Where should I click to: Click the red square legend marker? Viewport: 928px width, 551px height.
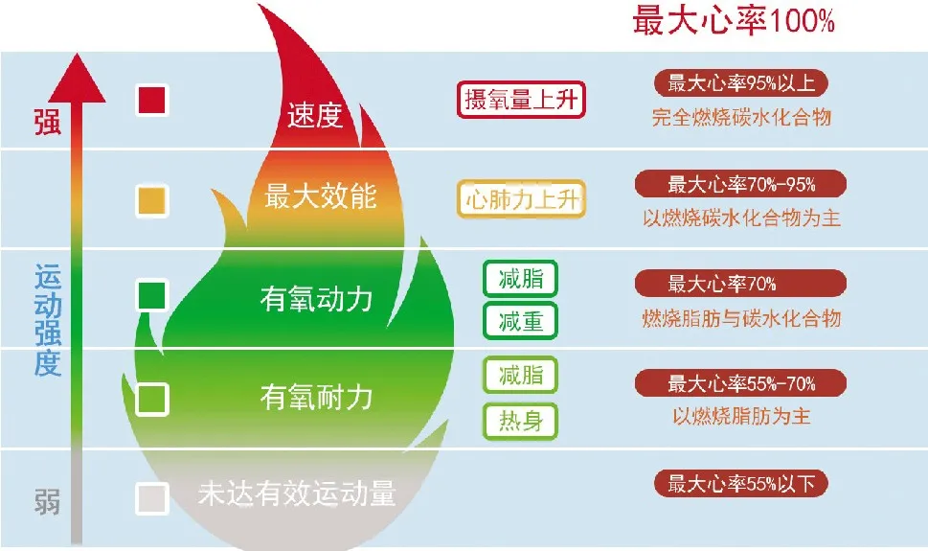152,100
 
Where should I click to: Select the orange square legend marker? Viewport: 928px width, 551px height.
152,200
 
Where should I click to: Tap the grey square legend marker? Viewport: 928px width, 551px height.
152,498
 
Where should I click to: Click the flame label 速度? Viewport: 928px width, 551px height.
315,115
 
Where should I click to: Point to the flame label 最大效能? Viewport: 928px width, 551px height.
320,196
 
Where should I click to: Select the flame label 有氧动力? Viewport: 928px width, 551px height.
316,299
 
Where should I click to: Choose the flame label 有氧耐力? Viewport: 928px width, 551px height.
316,397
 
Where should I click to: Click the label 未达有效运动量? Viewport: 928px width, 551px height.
297,494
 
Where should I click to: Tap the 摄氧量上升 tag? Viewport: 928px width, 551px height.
521,100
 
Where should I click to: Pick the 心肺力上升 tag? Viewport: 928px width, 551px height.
521,199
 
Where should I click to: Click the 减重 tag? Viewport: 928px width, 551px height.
520,321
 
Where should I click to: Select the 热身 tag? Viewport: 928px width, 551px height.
520,422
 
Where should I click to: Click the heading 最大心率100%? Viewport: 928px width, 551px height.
734,20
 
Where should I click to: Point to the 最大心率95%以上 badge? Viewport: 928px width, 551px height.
741,83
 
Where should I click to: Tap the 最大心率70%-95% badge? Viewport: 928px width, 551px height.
741,184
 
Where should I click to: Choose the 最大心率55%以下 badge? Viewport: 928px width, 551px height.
741,484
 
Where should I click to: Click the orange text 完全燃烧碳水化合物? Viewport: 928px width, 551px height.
741,117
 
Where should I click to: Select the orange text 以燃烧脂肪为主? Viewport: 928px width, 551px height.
741,417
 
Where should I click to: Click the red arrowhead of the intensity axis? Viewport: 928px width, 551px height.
77,79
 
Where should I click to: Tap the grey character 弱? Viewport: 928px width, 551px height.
47,502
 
